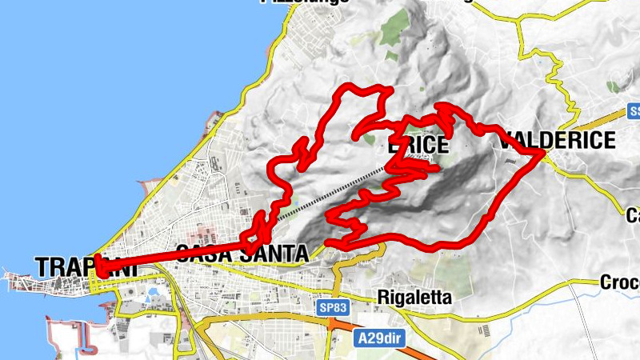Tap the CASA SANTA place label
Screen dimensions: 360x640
242,254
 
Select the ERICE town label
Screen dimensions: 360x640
417,147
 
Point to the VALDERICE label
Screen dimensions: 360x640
557,141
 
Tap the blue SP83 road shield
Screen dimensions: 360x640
329,307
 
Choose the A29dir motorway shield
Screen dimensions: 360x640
380,339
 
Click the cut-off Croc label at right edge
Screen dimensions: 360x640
620,282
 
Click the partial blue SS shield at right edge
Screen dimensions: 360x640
633,111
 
